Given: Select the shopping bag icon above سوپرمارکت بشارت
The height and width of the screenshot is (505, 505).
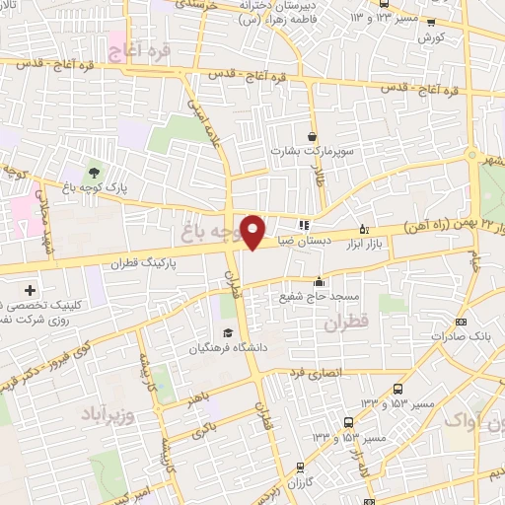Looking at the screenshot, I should [313, 137].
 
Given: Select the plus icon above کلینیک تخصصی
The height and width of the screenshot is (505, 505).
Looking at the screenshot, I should [30, 291].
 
